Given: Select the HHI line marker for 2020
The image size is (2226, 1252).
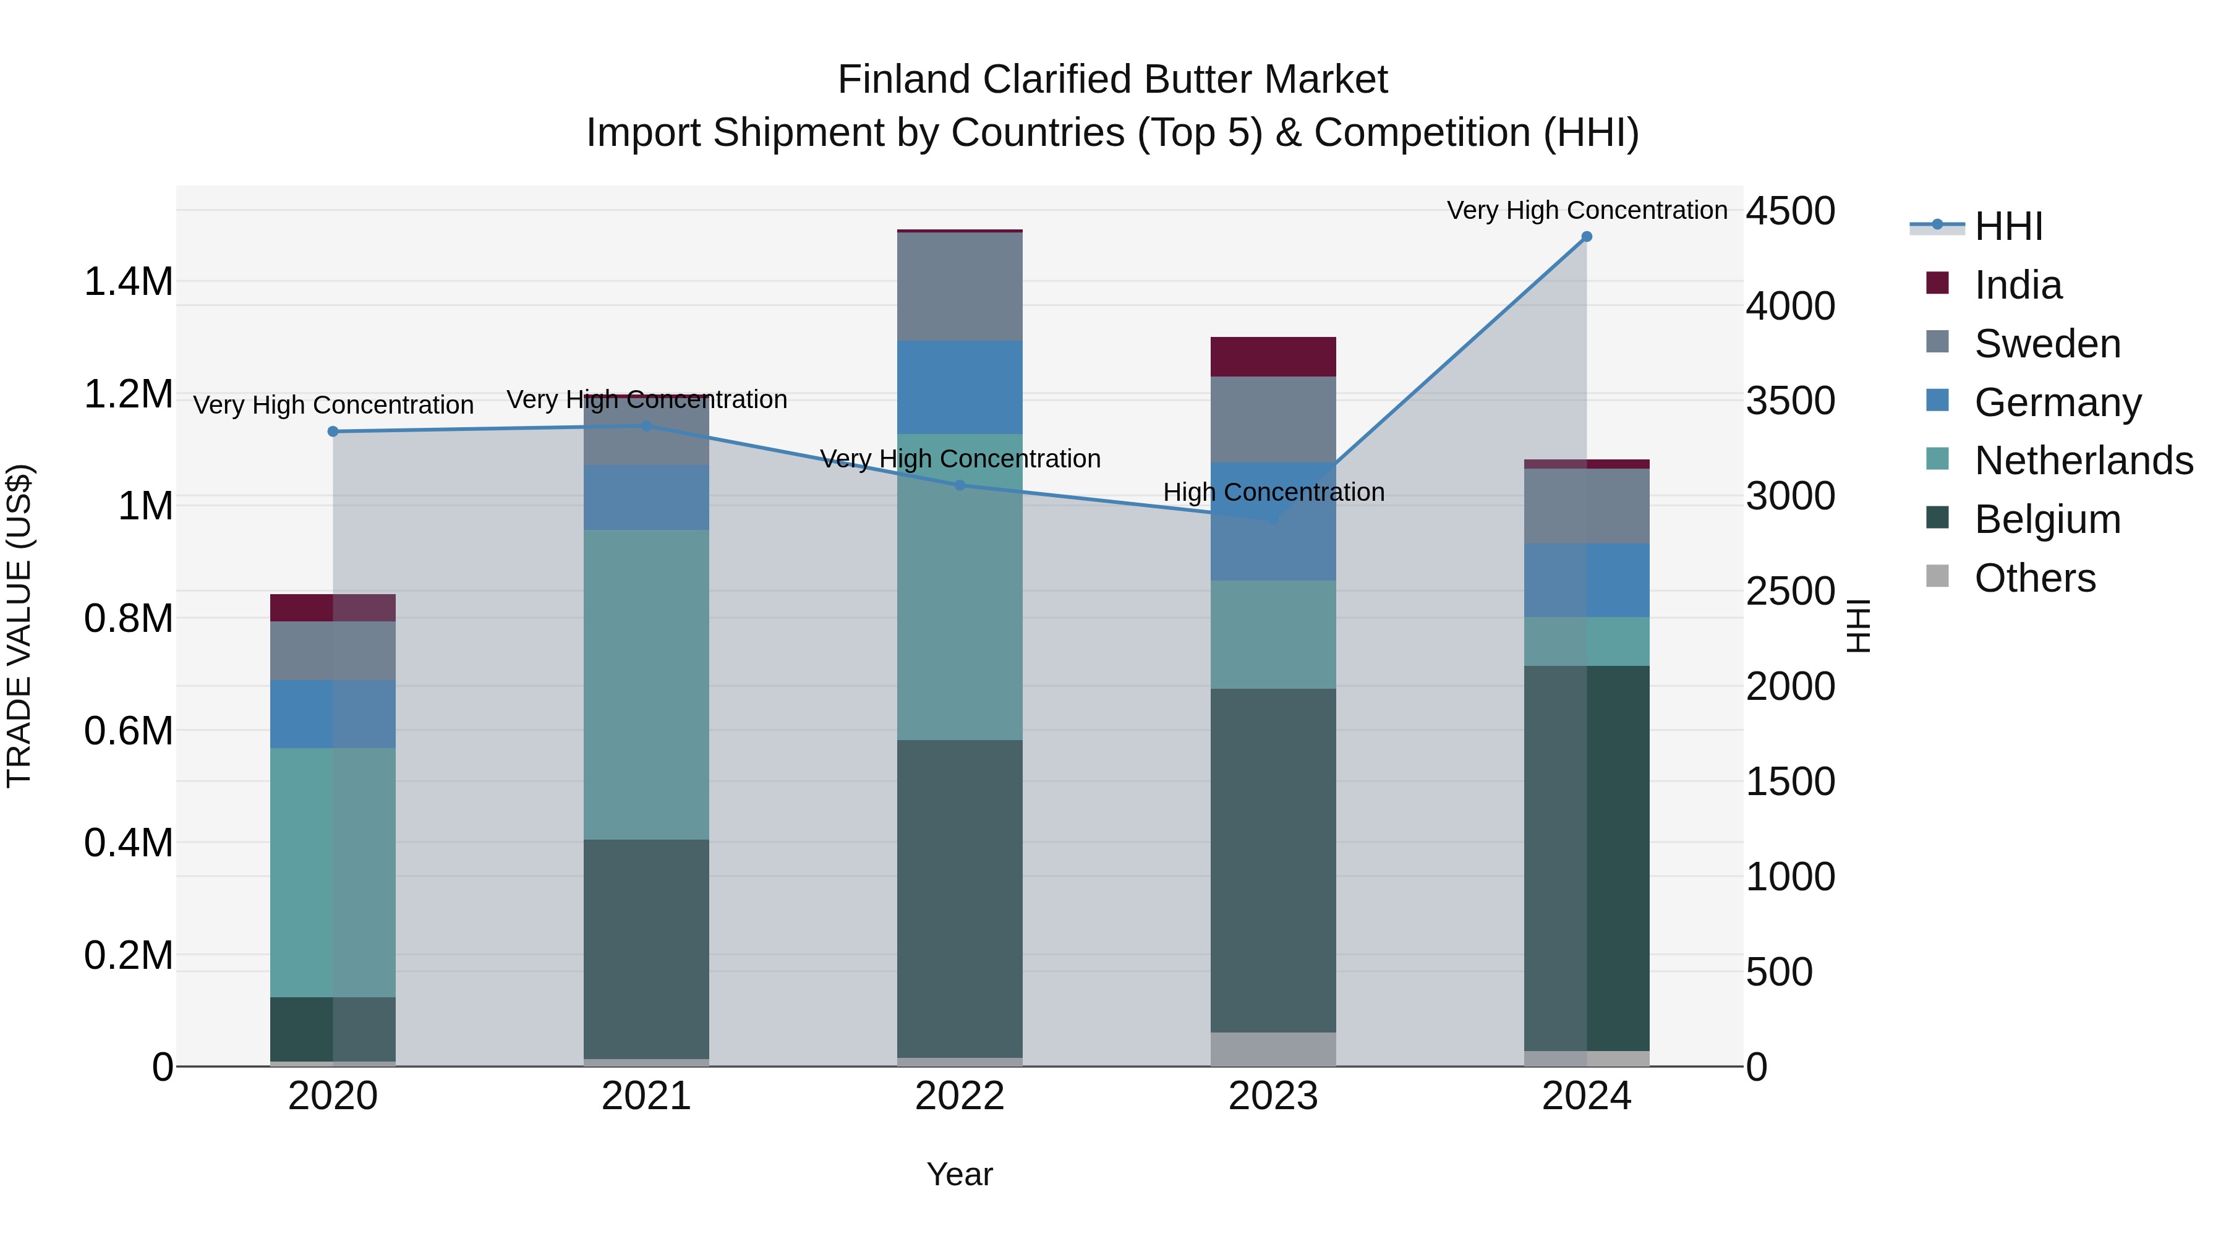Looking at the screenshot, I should point(333,431).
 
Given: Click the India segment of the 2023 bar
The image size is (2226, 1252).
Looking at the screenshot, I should point(1273,357).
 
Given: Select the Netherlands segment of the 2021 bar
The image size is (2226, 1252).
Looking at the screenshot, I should point(646,684).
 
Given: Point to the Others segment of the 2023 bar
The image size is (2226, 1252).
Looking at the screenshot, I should point(1273,1049).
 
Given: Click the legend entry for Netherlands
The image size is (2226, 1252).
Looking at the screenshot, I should point(2083,461).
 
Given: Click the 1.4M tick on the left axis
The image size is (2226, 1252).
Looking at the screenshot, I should point(128,283).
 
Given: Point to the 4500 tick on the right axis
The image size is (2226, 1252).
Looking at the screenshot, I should point(1789,211).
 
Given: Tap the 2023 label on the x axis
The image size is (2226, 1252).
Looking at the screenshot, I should point(1273,1096).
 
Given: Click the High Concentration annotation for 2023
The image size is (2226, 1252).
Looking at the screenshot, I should point(1273,493).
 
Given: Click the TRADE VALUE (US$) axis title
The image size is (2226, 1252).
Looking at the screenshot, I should point(19,626).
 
